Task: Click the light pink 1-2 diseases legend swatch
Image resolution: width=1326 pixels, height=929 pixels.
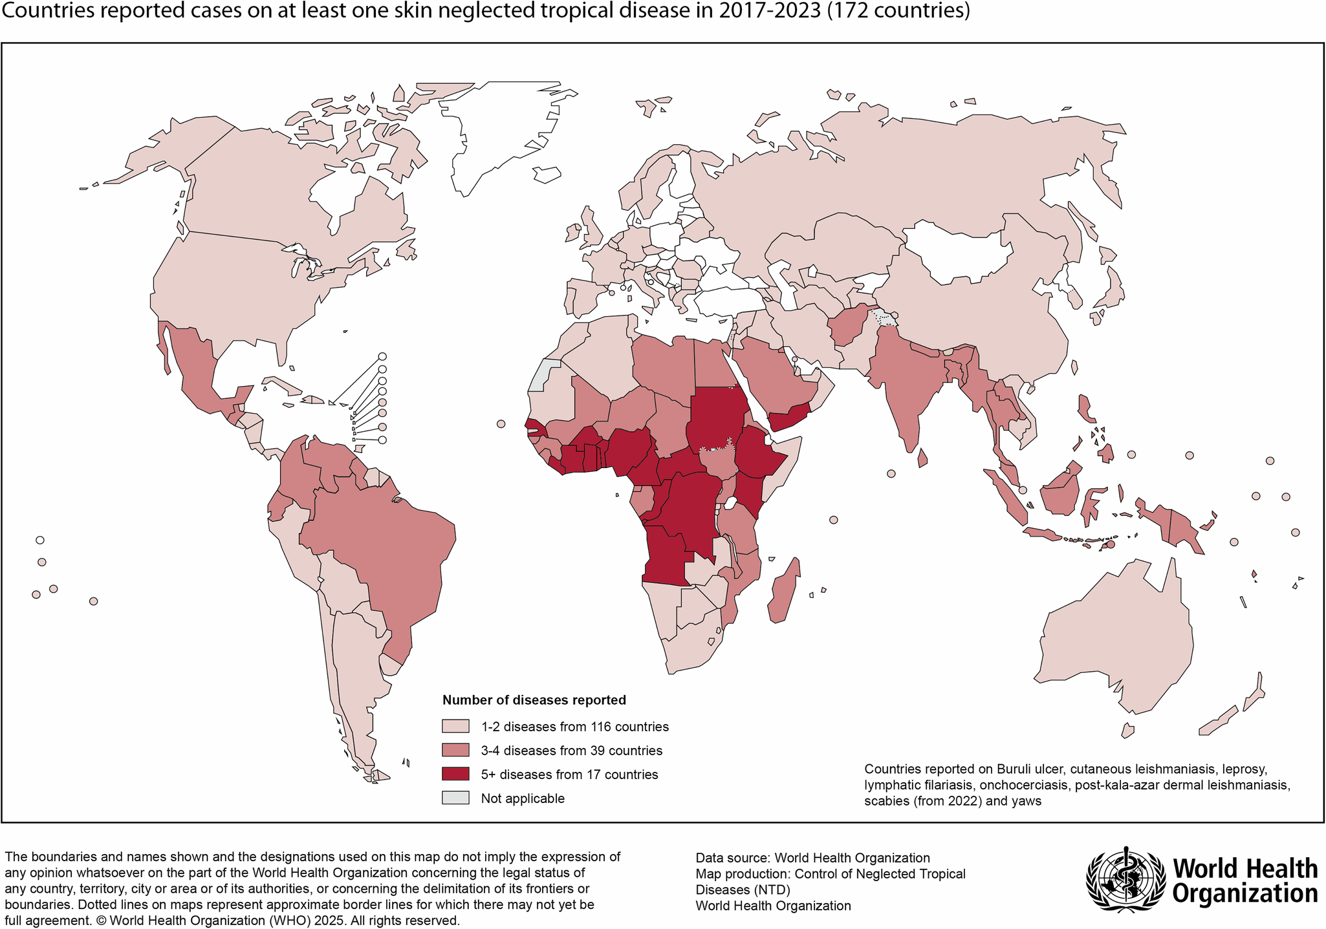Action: [x=455, y=727]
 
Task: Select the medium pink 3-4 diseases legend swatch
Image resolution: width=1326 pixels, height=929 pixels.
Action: [x=455, y=751]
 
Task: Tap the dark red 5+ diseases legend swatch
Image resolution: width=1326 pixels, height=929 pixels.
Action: [x=455, y=774]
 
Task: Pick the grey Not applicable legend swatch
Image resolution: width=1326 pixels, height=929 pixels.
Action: [x=455, y=798]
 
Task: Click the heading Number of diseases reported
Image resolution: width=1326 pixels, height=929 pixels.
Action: [x=534, y=699]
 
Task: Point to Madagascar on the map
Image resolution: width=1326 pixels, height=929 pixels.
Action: [x=785, y=592]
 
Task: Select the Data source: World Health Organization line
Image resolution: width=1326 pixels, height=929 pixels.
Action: [x=812, y=858]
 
